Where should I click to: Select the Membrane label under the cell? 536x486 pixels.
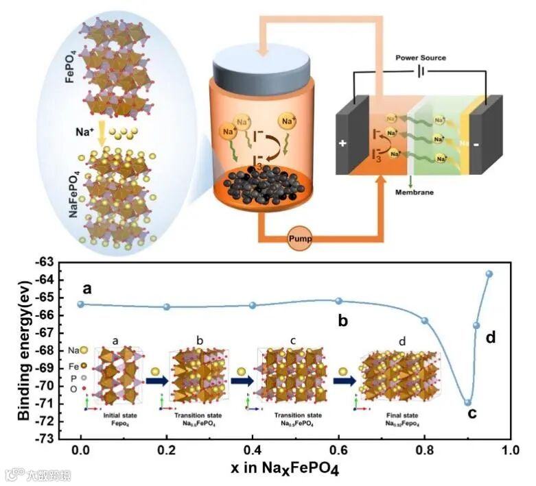click(x=415, y=193)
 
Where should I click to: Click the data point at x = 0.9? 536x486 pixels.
click(x=467, y=402)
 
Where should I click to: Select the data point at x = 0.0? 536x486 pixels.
click(x=81, y=304)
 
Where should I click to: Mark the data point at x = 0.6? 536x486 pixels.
click(x=338, y=300)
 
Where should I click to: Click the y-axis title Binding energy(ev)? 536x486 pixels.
click(x=25, y=350)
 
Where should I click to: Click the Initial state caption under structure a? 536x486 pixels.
click(x=117, y=416)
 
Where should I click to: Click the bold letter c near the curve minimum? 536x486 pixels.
click(x=472, y=413)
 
